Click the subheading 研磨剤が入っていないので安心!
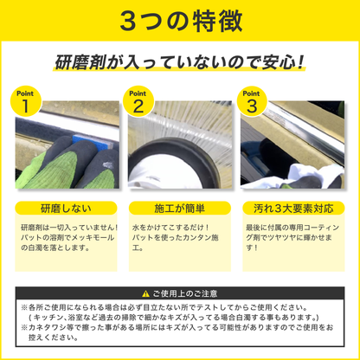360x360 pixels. coord(179,63)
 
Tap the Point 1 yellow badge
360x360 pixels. coord(26,101)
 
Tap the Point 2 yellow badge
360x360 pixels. coord(138,101)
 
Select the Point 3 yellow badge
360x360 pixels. coord(252,101)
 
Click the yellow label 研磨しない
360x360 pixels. coord(63,209)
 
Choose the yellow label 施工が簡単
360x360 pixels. coord(179,209)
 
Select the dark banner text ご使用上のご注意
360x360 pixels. coord(186,293)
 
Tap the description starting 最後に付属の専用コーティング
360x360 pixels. coord(293,235)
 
